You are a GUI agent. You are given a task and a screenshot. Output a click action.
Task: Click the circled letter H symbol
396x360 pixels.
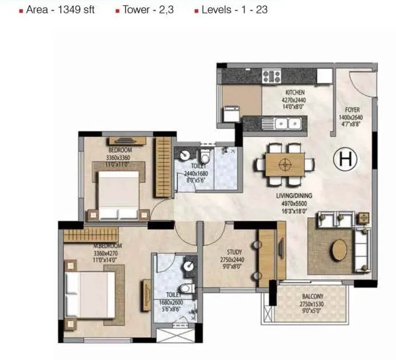pos(345,158)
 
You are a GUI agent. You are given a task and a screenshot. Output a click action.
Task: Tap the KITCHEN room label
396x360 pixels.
pos(295,93)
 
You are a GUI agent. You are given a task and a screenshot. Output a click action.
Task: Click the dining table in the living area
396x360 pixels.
pos(285,164)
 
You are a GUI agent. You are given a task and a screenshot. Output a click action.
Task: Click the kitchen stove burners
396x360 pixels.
pos(272,76)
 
